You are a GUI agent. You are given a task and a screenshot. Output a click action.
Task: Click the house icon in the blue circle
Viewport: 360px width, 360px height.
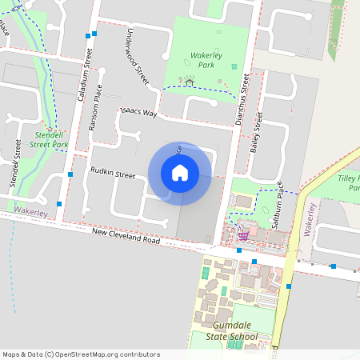pos(179,173)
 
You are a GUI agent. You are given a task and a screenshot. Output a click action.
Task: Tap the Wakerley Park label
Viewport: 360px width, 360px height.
pos(194,61)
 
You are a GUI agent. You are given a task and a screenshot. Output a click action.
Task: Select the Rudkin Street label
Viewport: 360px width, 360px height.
pos(113,173)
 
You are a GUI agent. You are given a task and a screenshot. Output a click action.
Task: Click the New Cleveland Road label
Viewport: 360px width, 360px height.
pos(125,235)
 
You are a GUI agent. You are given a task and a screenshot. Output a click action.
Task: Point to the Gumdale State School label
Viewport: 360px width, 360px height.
pos(236,331)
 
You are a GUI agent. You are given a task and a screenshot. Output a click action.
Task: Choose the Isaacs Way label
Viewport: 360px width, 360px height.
pos(138,113)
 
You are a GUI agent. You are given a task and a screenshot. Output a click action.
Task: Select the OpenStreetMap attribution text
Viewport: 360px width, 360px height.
pos(81,354)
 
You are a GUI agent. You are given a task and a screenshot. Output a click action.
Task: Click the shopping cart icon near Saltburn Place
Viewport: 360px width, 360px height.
pos(242,235)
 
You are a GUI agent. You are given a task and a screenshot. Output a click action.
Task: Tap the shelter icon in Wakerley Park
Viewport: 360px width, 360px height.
pos(190,81)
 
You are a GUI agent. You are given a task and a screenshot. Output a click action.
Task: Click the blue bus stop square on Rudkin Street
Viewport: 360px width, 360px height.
pos(71,174)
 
